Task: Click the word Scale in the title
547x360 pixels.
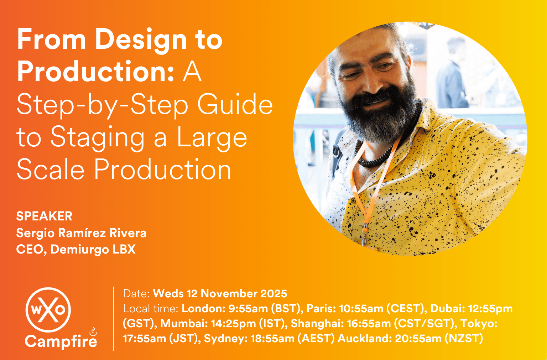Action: pyautogui.click(x=51, y=169)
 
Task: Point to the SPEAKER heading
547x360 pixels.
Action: pyautogui.click(x=44, y=216)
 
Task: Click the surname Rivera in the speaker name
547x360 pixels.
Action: pyautogui.click(x=128, y=233)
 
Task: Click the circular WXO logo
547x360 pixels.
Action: pyautogui.click(x=48, y=310)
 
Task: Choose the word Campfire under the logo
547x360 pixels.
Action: pyautogui.click(x=61, y=341)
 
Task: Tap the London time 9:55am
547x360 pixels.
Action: pyautogui.click(x=248, y=309)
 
